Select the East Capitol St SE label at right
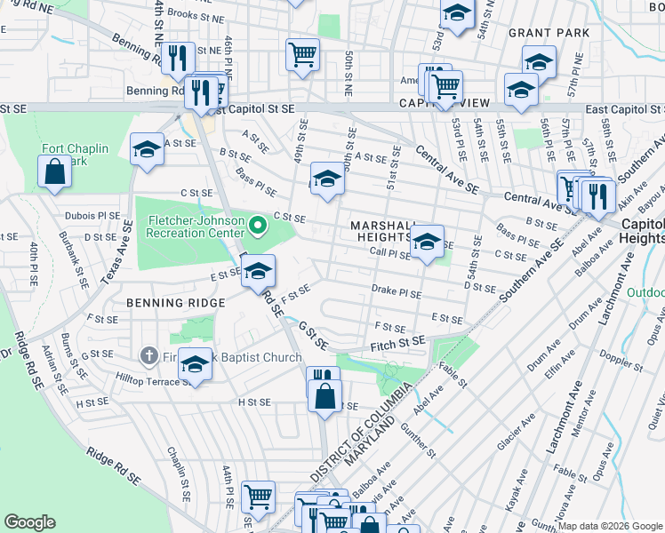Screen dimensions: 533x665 (x=624, y=108)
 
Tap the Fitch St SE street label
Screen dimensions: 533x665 (x=397, y=342)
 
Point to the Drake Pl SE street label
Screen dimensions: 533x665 (x=396, y=290)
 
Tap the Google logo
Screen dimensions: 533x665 (x=30, y=521)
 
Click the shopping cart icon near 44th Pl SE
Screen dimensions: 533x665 (x=258, y=498)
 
